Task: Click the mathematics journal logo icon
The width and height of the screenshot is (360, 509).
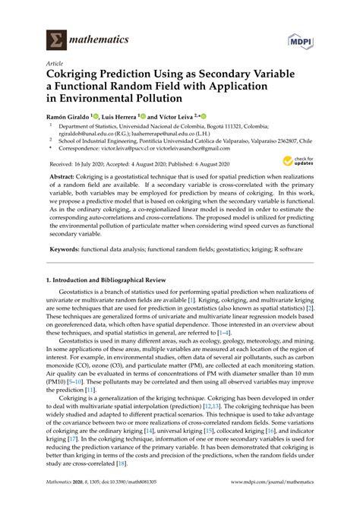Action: coord(55,37)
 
